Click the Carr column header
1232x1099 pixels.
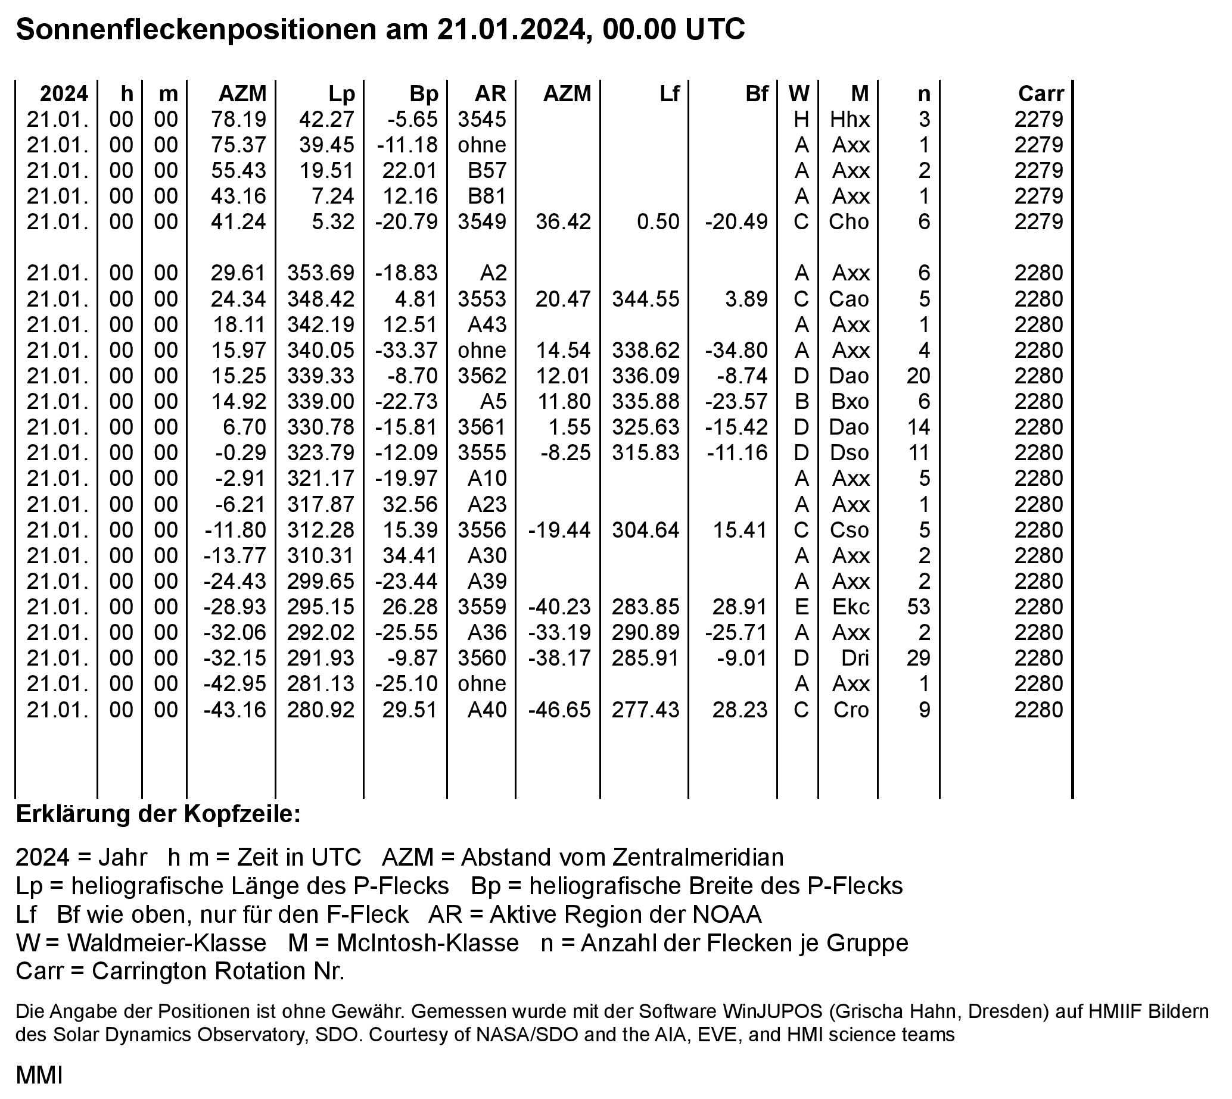[1040, 93]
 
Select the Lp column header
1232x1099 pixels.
[341, 93]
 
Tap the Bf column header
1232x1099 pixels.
[757, 93]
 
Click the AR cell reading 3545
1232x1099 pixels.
[481, 119]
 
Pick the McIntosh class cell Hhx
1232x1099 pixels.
[850, 119]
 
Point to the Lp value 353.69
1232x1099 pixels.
[321, 273]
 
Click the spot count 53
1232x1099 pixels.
[919, 606]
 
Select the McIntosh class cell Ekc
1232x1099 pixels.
[851, 606]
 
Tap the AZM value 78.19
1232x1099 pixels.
[239, 119]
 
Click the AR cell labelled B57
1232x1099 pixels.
[487, 170]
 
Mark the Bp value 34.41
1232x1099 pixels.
[409, 555]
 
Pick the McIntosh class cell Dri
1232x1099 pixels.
[855, 658]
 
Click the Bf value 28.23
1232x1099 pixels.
[739, 709]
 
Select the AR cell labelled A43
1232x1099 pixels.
[487, 324]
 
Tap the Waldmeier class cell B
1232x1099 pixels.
[801, 401]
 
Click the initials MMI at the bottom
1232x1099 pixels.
[39, 1075]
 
